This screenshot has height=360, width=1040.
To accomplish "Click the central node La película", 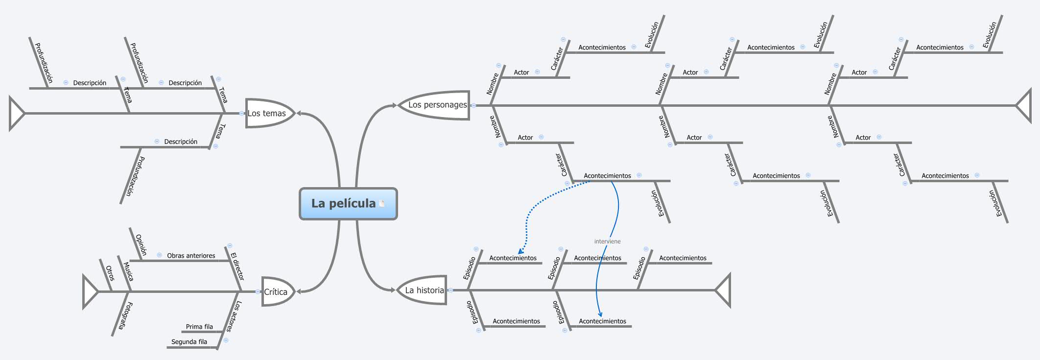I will coord(344,203).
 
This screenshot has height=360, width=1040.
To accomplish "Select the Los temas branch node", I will coord(267,113).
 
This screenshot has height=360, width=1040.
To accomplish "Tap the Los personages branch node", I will coord(437,105).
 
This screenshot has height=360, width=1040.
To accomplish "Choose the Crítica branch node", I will coord(276,292).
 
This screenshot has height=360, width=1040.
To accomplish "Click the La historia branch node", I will coord(424,290).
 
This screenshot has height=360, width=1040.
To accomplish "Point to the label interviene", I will coord(607,241).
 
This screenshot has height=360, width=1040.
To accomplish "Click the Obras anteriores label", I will coord(191,256).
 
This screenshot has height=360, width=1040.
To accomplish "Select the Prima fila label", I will coord(199,327).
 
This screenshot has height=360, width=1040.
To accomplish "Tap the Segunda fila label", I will coord(189,342).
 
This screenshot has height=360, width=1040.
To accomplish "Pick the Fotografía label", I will coord(124,316).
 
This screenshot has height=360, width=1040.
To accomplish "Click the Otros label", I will coord(109,273).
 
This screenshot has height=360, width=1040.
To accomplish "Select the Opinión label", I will coord(141,245).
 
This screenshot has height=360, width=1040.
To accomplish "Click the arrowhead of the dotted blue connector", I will coord(520,251).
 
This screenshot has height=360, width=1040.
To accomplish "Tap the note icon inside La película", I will coord(382,203).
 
